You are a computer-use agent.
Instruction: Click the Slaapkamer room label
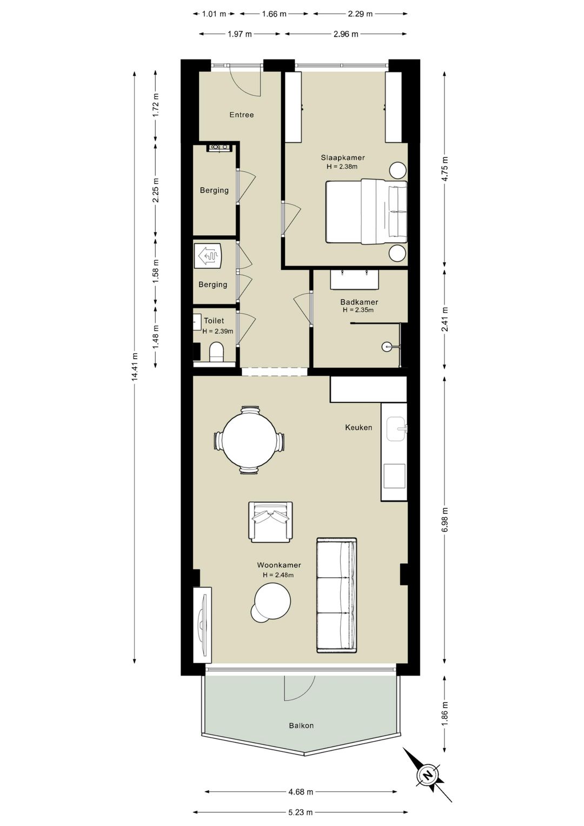(x=342, y=157)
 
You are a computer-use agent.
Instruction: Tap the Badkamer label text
(x=359, y=302)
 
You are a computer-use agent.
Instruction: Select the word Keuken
(x=359, y=427)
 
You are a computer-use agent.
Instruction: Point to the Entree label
(x=242, y=115)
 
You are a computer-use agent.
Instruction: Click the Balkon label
(x=301, y=725)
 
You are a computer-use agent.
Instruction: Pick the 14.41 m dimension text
(x=135, y=366)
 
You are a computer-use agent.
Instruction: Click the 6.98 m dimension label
(x=445, y=519)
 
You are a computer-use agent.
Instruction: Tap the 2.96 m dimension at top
(x=346, y=34)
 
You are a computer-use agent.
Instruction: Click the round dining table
(x=249, y=440)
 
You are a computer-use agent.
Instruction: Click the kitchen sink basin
(x=396, y=429)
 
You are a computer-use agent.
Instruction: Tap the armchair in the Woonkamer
(x=270, y=522)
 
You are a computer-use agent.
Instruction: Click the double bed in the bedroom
(x=366, y=212)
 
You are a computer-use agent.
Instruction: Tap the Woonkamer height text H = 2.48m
(x=278, y=574)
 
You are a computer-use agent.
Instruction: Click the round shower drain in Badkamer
(x=386, y=346)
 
